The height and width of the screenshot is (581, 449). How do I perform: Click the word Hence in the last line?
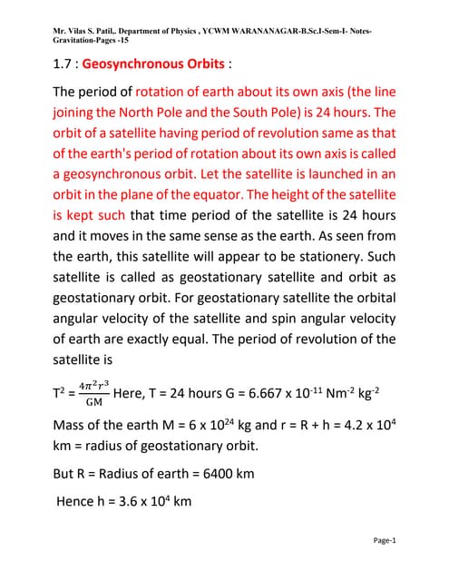78,500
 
